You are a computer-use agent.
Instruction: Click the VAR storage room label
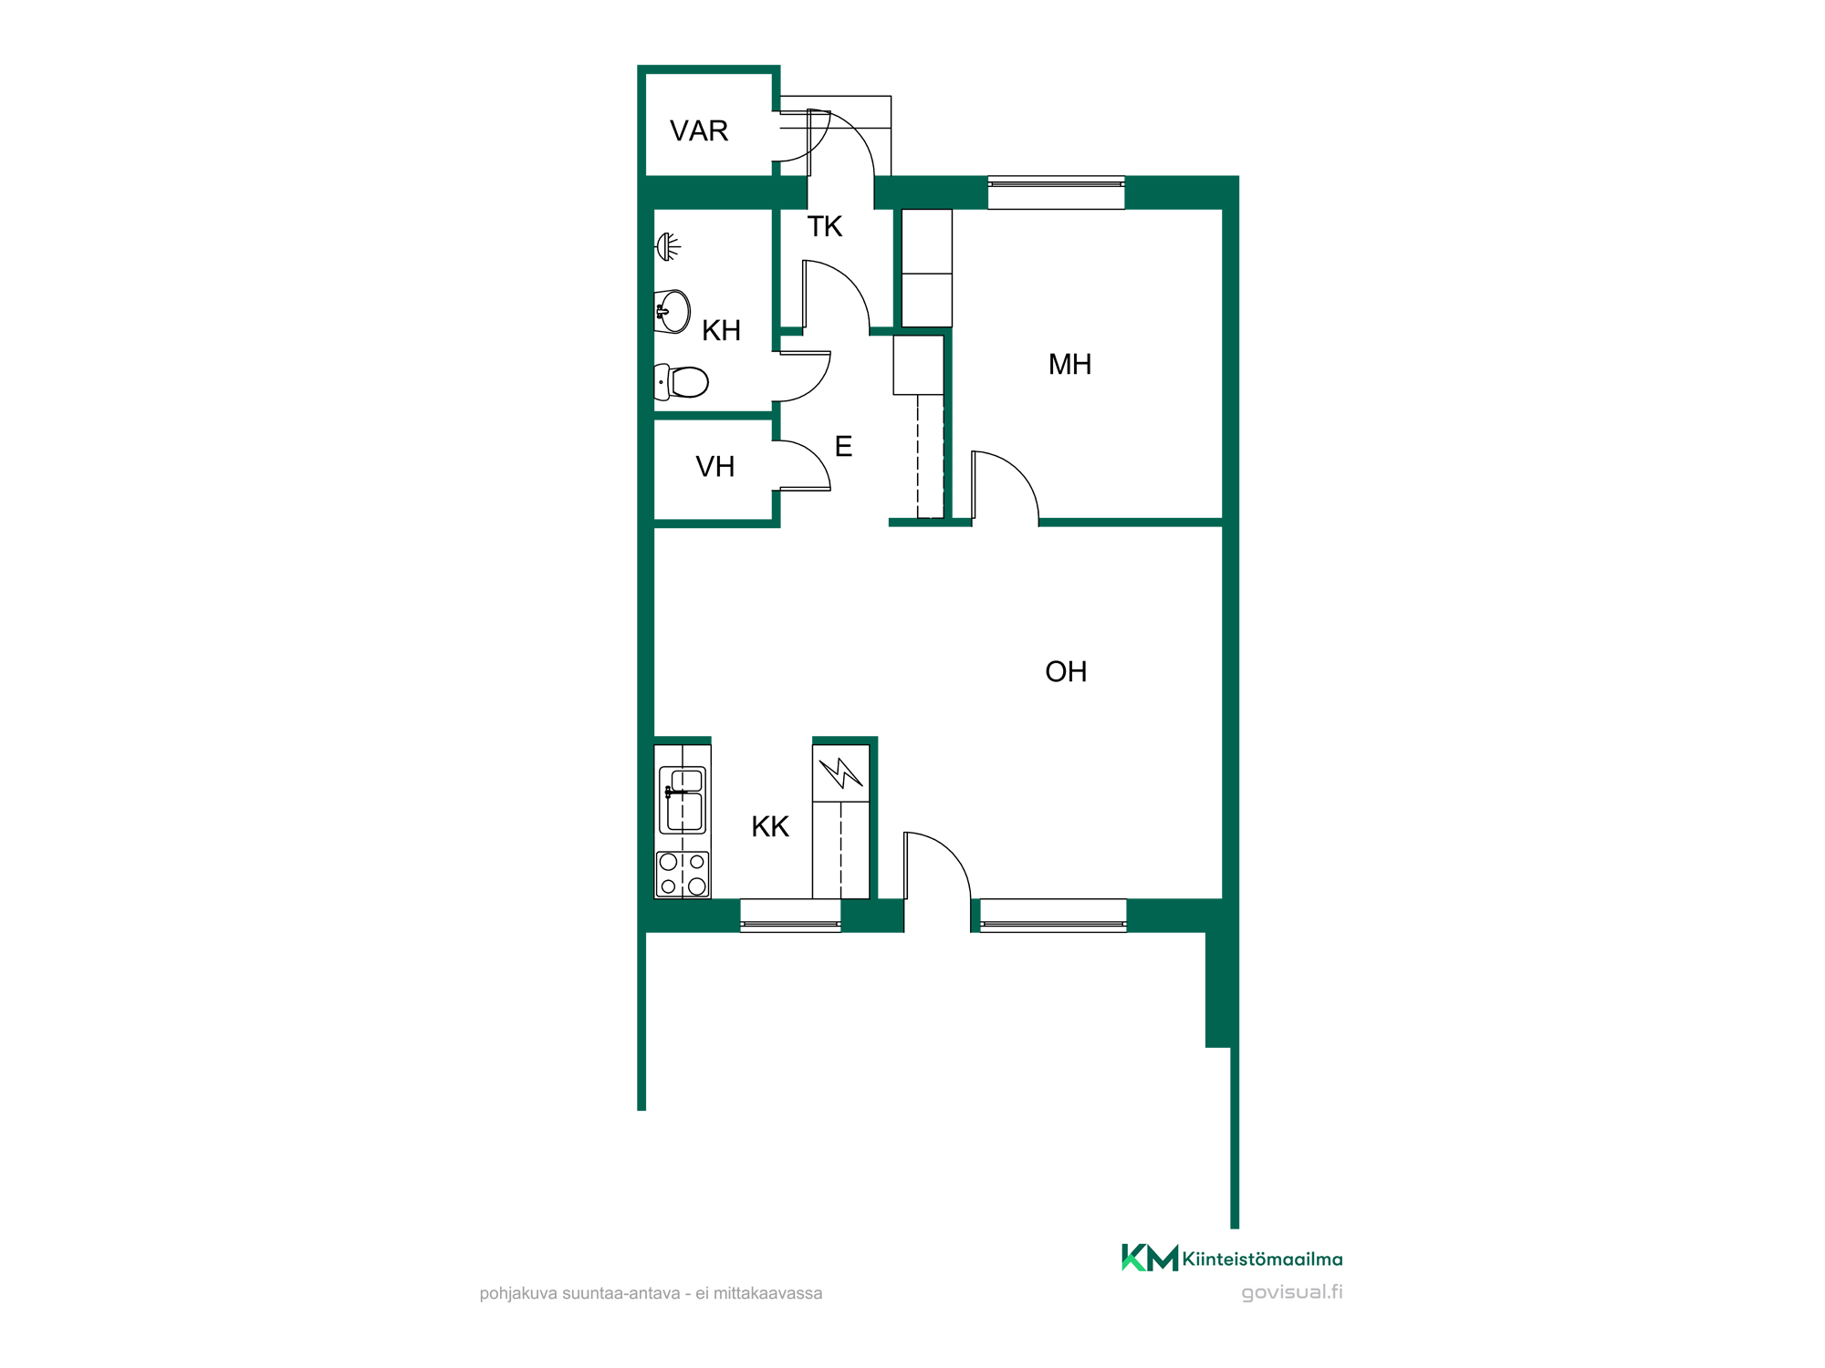(699, 131)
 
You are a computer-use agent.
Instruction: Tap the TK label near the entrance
(825, 227)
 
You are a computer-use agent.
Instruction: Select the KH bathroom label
(721, 331)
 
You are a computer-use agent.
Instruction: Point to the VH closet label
(714, 467)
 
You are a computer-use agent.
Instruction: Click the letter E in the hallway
(843, 447)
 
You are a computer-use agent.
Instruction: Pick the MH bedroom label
(1069, 365)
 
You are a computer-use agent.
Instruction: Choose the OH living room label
(1066, 672)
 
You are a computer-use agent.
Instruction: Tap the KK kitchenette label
(770, 827)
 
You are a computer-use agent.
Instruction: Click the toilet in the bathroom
(682, 382)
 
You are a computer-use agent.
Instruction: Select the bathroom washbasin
(673, 312)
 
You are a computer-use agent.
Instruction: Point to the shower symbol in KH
(669, 246)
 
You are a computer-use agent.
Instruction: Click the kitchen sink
(683, 800)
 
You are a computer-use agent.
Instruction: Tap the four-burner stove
(683, 875)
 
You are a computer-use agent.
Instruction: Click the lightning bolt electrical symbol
(840, 773)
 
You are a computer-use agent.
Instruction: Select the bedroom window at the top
(1057, 192)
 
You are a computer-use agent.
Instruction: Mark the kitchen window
(790, 916)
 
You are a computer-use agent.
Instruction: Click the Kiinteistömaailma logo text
(1263, 1259)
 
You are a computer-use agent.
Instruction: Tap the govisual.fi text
(1292, 1292)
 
